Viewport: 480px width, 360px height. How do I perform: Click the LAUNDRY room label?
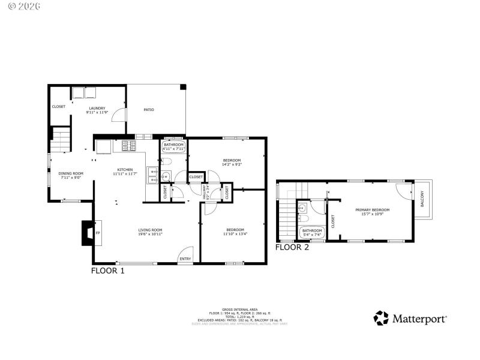point(96,109)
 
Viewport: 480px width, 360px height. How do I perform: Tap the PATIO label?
point(149,110)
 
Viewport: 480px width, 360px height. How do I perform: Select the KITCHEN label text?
point(124,170)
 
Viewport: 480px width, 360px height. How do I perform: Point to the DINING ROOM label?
point(71,173)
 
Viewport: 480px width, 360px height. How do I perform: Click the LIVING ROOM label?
point(151,230)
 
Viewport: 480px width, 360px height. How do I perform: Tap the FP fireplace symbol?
point(98,233)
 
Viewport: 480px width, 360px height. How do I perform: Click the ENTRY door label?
point(185,259)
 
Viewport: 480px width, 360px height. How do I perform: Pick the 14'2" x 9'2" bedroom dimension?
point(232,164)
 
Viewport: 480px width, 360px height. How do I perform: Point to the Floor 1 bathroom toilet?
point(167,161)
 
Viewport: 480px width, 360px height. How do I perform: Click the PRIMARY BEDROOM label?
point(372,210)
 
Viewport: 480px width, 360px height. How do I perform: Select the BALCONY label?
point(422,199)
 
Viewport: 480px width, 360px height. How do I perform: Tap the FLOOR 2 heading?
point(292,247)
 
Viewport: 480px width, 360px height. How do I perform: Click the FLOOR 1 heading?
point(107,271)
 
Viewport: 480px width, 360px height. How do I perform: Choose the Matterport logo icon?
point(381,317)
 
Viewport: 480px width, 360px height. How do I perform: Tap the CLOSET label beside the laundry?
point(58,107)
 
